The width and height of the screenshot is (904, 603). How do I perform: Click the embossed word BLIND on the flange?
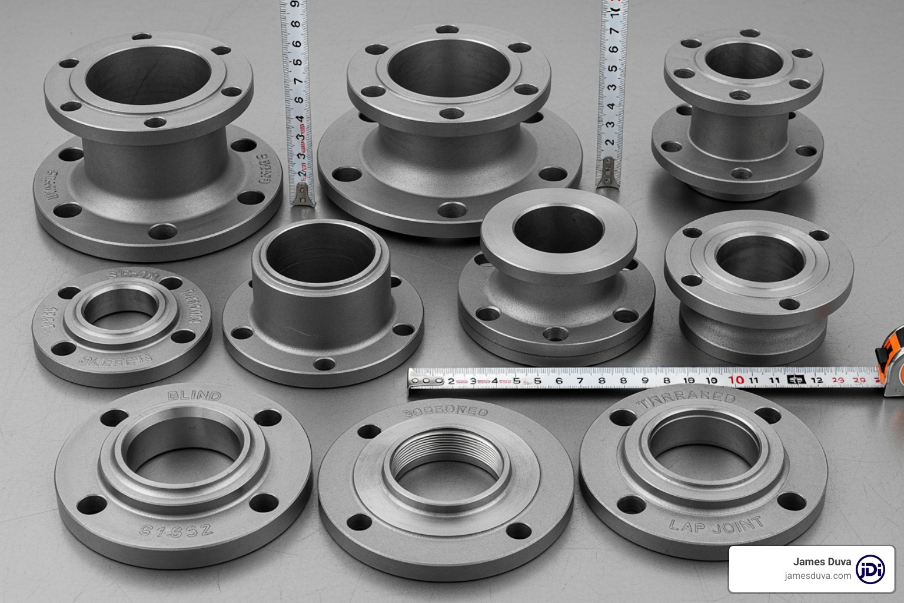pyautogui.click(x=194, y=396)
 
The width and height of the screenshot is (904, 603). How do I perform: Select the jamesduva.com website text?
pyautogui.click(x=817, y=576)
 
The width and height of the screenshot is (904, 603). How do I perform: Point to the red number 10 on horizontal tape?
pyautogui.click(x=736, y=380)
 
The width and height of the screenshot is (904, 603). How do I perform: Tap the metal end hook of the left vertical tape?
pyautogui.click(x=302, y=194)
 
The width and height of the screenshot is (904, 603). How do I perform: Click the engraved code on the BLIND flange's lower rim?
pyautogui.click(x=176, y=530)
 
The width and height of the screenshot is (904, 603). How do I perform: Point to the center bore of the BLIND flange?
pyautogui.click(x=183, y=447)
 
